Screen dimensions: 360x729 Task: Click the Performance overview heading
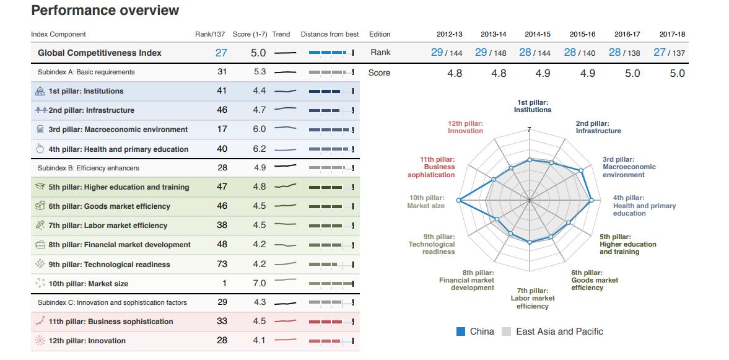coord(105,11)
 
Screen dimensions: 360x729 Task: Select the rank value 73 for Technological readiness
coord(222,264)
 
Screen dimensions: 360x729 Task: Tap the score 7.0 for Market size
coord(259,283)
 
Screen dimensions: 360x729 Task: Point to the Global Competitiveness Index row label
coord(99,53)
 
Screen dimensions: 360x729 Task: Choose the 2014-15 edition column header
coord(538,34)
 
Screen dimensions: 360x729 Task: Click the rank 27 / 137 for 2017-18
coord(669,53)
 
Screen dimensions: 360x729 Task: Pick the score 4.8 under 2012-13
coord(455,73)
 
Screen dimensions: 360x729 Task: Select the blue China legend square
coord(461,331)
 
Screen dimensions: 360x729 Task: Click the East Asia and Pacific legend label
coord(559,331)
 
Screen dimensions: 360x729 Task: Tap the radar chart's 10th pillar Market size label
coord(426,201)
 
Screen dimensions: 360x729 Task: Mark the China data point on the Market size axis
coord(458,200)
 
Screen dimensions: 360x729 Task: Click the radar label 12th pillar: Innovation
coord(465,127)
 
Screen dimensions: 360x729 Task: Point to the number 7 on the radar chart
coord(529,130)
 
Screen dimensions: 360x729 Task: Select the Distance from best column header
coord(330,34)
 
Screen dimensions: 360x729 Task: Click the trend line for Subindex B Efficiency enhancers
coord(285,167)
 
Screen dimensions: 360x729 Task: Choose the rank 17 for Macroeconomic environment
coord(222,129)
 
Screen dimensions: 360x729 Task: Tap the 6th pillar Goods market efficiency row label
coord(109,206)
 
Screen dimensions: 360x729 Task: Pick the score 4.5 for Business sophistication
coord(259,321)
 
